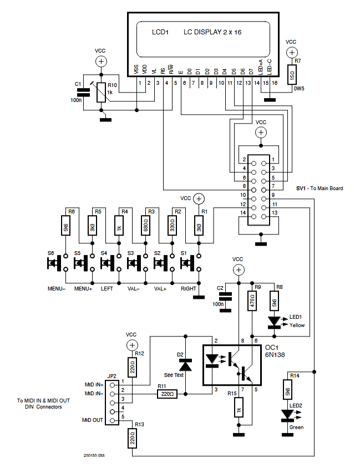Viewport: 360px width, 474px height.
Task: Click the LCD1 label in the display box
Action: coord(160,33)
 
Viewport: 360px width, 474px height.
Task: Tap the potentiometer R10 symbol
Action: coord(100,93)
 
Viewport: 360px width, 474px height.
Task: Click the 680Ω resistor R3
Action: coord(145,227)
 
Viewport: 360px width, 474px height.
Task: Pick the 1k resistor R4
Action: coord(119,227)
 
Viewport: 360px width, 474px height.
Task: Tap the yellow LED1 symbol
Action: coord(274,321)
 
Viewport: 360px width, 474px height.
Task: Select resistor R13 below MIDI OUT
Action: coord(132,440)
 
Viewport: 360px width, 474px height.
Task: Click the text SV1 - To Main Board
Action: coord(319,188)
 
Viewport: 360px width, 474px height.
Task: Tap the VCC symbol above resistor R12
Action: coord(131,345)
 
